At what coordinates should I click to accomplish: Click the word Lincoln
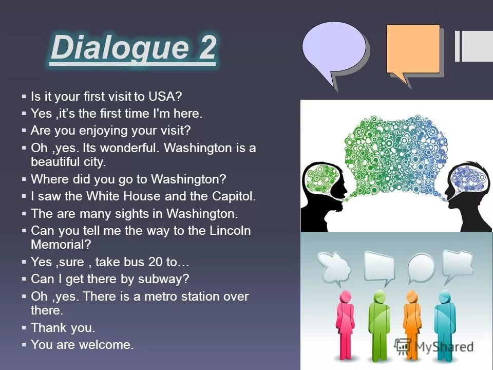coord(230,230)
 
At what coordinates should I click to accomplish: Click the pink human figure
coord(345,324)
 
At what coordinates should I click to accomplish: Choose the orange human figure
coord(411,324)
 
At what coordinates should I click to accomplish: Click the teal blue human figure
coord(444,324)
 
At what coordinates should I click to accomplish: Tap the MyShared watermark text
coord(442,346)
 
